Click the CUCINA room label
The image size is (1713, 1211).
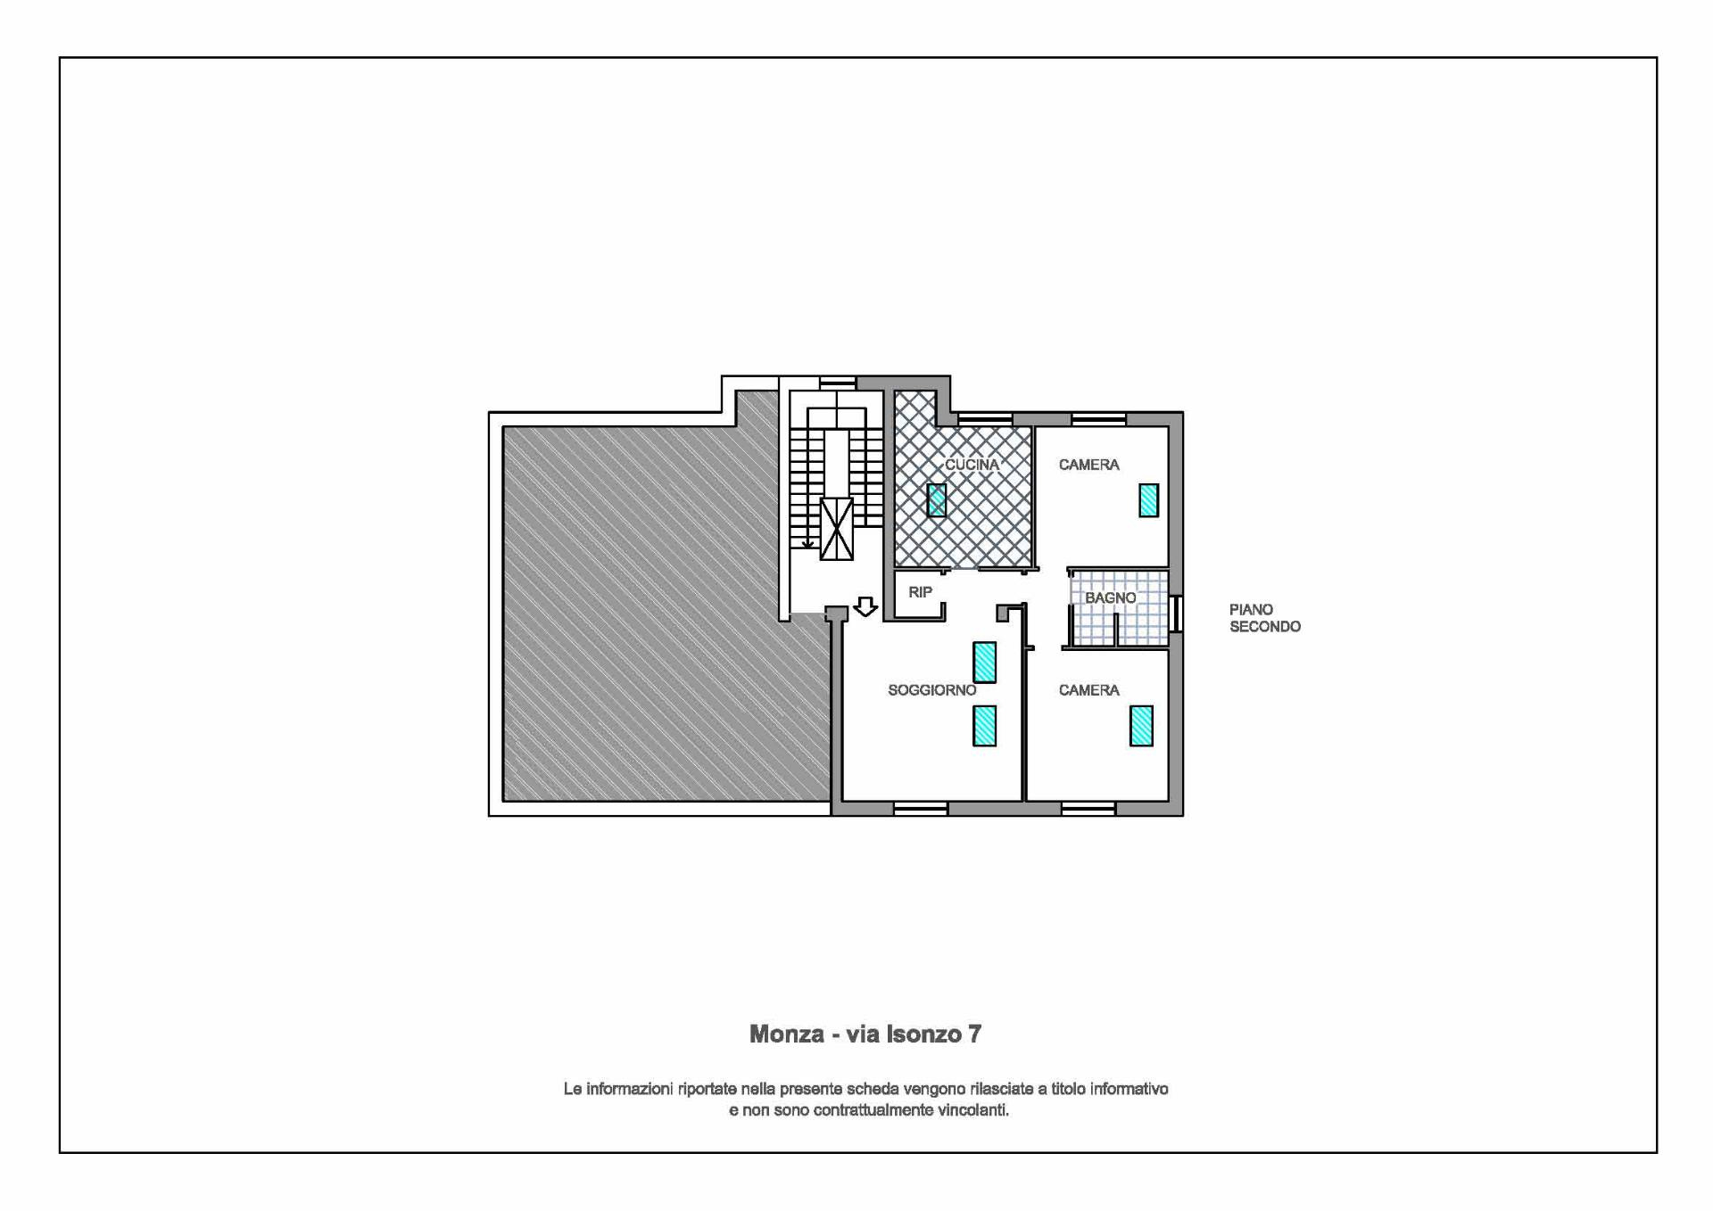(x=972, y=465)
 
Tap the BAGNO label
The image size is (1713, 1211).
(x=1111, y=598)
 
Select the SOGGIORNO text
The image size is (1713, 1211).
(x=932, y=690)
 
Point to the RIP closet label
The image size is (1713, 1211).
(x=920, y=592)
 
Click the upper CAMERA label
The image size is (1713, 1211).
(x=1089, y=465)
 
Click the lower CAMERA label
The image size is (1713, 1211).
(x=1089, y=690)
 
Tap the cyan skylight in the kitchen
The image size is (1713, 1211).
(x=937, y=500)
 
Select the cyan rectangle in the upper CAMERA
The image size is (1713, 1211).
(x=1149, y=500)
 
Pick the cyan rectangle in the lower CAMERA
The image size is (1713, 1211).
(x=1141, y=726)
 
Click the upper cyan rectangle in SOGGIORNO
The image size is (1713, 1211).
(x=984, y=663)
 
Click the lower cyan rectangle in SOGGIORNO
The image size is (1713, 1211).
(x=984, y=726)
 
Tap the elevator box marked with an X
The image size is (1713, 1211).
(x=836, y=529)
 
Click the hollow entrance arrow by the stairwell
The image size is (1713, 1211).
(x=865, y=606)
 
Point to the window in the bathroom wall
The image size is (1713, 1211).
(x=1177, y=614)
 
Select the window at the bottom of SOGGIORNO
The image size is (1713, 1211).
(x=921, y=809)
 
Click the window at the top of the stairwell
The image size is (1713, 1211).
(x=838, y=383)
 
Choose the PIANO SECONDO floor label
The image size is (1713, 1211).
(x=1265, y=618)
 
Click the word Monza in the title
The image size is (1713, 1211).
(x=785, y=1034)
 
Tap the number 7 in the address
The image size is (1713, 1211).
(x=975, y=1034)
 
